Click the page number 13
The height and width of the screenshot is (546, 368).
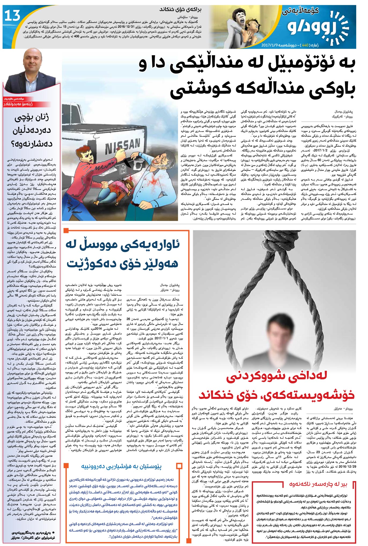click(x=12, y=16)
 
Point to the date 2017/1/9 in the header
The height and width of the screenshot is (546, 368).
click(x=271, y=45)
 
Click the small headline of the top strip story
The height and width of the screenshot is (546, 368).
click(x=180, y=10)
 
